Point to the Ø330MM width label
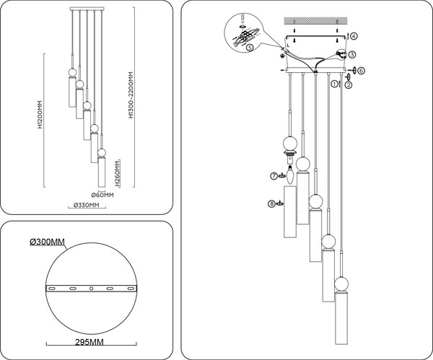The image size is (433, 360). coord(87,206)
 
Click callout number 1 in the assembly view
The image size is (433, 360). coord(334,84)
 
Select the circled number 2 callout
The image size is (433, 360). coord(348,85)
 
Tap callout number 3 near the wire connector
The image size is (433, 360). coord(351,54)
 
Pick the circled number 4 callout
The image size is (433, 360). coord(354,36)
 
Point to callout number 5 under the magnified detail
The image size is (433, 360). coord(249,48)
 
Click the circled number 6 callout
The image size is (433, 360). coord(362,71)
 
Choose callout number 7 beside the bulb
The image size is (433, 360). coord(274,175)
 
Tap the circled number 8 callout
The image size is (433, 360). coord(271,204)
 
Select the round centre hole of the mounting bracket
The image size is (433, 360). coord(91,289)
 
